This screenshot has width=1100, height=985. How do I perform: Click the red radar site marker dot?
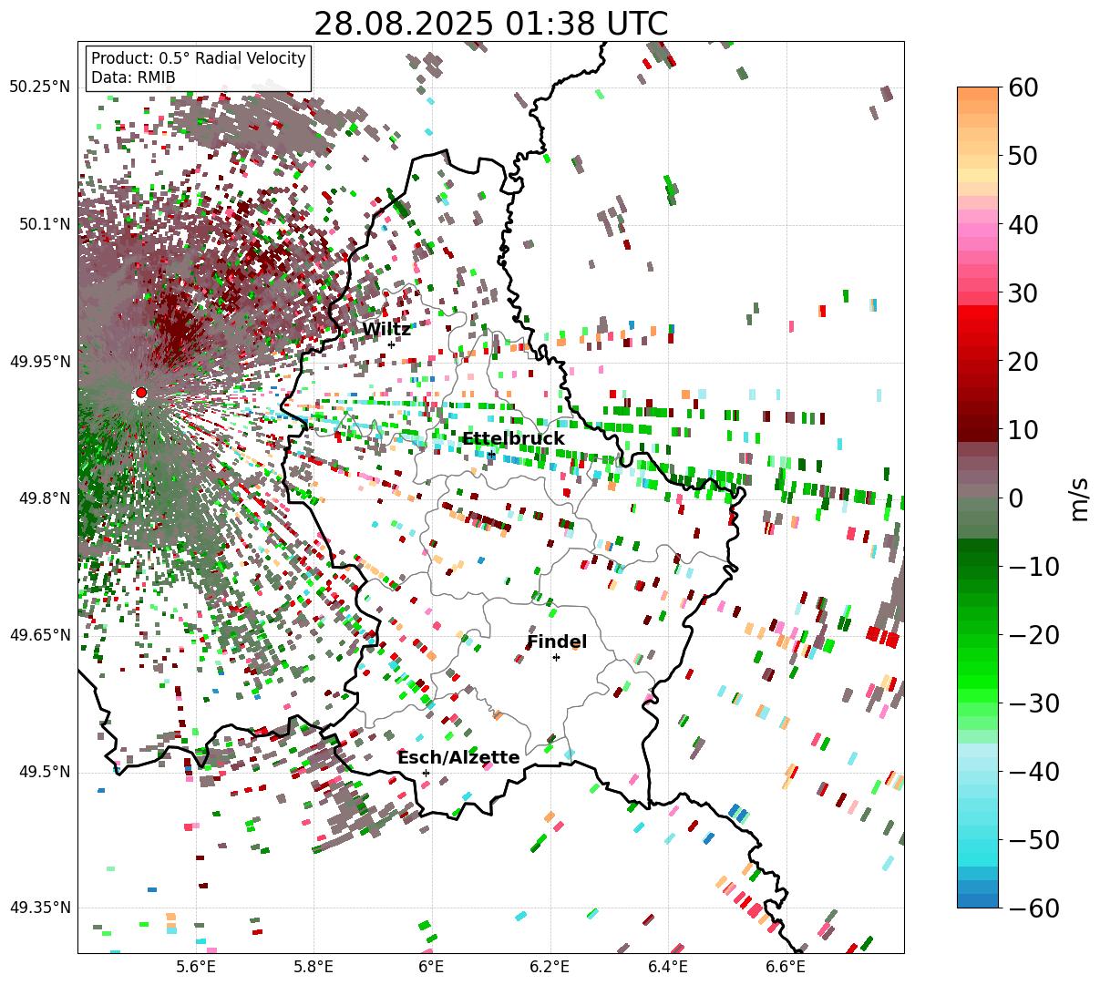(x=140, y=393)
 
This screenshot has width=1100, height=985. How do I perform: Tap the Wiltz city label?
(x=386, y=330)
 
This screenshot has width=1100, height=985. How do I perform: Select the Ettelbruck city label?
(x=513, y=439)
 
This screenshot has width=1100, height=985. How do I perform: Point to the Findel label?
(x=557, y=642)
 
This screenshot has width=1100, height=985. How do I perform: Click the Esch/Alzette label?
(x=458, y=758)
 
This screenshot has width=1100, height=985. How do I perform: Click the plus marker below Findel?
(x=556, y=657)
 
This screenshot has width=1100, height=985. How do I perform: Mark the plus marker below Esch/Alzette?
(x=426, y=773)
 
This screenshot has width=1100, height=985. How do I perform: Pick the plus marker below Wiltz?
(x=391, y=344)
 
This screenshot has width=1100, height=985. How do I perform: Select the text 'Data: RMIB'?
(x=133, y=77)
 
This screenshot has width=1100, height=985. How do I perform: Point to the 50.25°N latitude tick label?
(x=39, y=87)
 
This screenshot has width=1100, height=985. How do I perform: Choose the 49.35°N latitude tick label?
(x=39, y=908)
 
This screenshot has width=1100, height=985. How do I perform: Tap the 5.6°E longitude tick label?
(x=196, y=967)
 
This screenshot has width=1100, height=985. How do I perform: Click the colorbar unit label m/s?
(x=1080, y=498)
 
